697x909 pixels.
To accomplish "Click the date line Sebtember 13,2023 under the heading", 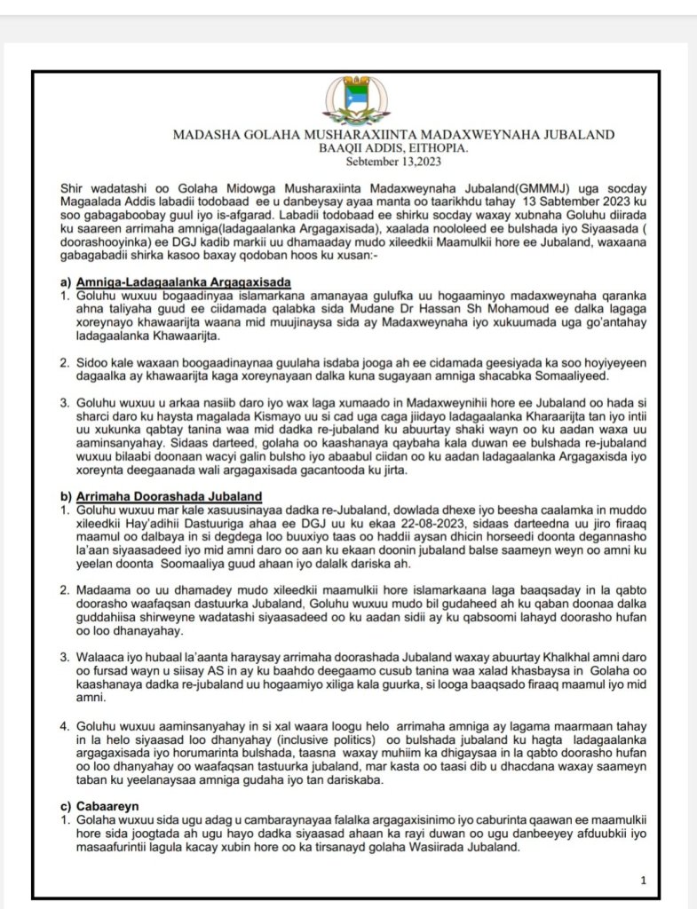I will pos(393,162).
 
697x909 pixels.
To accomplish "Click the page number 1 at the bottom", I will pos(642,881).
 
